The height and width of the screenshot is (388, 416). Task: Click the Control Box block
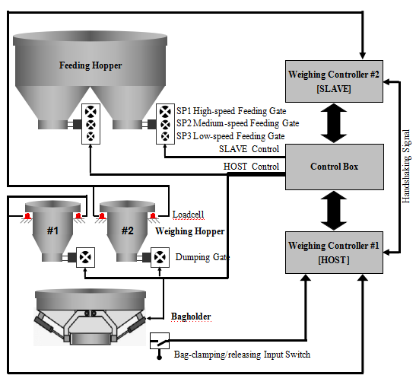(x=335, y=167)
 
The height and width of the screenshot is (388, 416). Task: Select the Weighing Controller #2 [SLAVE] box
(x=334, y=81)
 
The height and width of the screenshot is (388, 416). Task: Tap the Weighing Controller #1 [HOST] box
(x=334, y=253)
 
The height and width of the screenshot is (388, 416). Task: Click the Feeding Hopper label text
(x=91, y=65)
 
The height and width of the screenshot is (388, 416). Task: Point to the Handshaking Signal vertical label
(x=406, y=166)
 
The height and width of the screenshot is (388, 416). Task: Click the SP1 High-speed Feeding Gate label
(x=231, y=111)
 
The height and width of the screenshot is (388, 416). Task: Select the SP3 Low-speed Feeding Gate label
(x=230, y=136)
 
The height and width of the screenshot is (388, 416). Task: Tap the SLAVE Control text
(x=249, y=149)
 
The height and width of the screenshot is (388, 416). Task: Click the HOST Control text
(x=251, y=167)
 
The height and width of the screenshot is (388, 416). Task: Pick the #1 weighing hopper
(x=52, y=231)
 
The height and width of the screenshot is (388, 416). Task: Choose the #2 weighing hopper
(x=127, y=231)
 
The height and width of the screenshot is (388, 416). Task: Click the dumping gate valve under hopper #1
(x=85, y=257)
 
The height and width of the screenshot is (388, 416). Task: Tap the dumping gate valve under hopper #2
(x=160, y=257)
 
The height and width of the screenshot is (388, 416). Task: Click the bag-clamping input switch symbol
(x=160, y=341)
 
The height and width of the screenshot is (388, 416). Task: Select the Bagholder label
(x=191, y=316)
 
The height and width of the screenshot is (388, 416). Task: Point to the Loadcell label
(x=188, y=215)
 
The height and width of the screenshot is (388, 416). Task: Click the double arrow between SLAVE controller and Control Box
(x=334, y=123)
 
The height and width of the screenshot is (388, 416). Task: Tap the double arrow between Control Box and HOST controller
(x=334, y=211)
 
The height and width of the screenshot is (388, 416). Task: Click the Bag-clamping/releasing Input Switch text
(x=242, y=355)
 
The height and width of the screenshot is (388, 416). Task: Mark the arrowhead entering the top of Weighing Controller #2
(x=363, y=56)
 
